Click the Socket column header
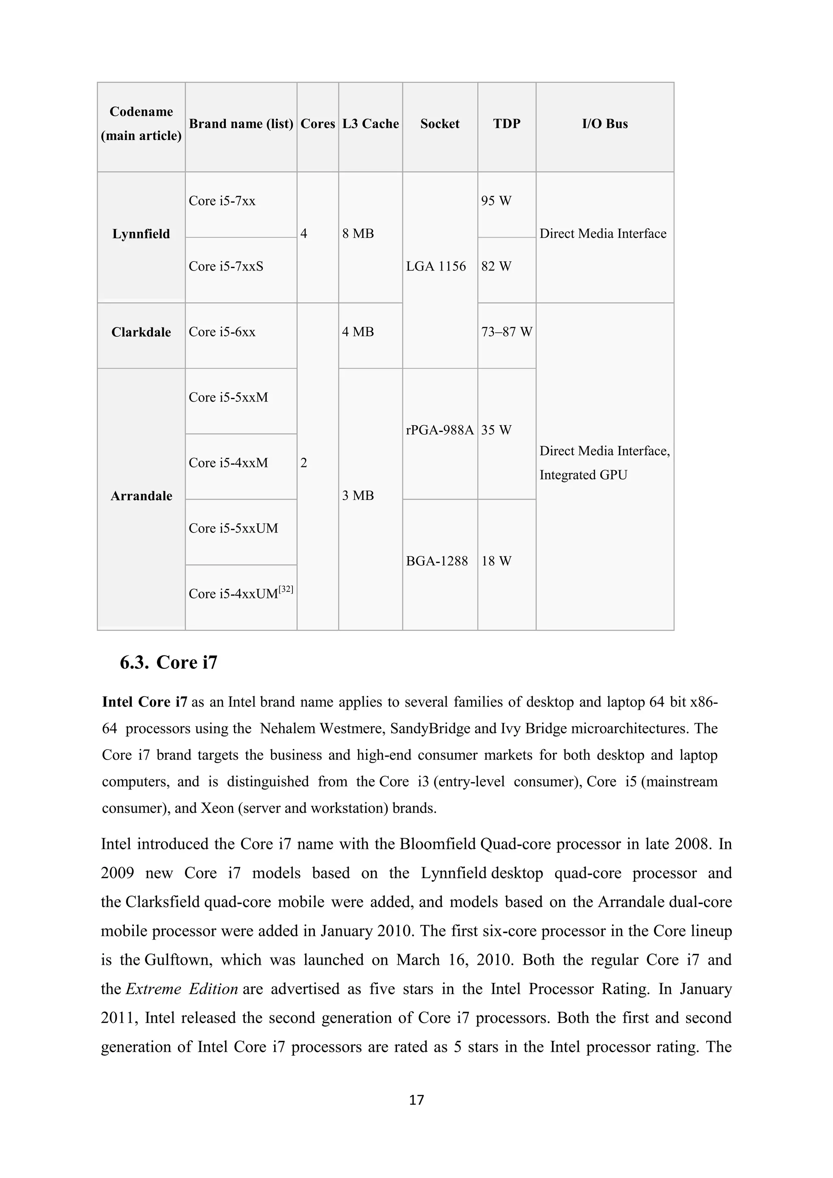pos(440,124)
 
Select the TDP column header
pos(506,124)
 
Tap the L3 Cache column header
pos(371,124)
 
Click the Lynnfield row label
pos(141,234)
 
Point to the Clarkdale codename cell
pos(141,332)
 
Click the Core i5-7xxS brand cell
pos(226,266)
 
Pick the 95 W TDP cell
pos(496,201)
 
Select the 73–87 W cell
pos(506,332)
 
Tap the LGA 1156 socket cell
pos(436,266)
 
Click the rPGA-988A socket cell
pos(440,430)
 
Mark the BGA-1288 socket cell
pos(437,561)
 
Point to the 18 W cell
pos(496,561)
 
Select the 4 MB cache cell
pos(358,332)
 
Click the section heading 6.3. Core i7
pos(169,662)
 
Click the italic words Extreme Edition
pos(181,989)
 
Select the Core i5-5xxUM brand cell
pos(233,528)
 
